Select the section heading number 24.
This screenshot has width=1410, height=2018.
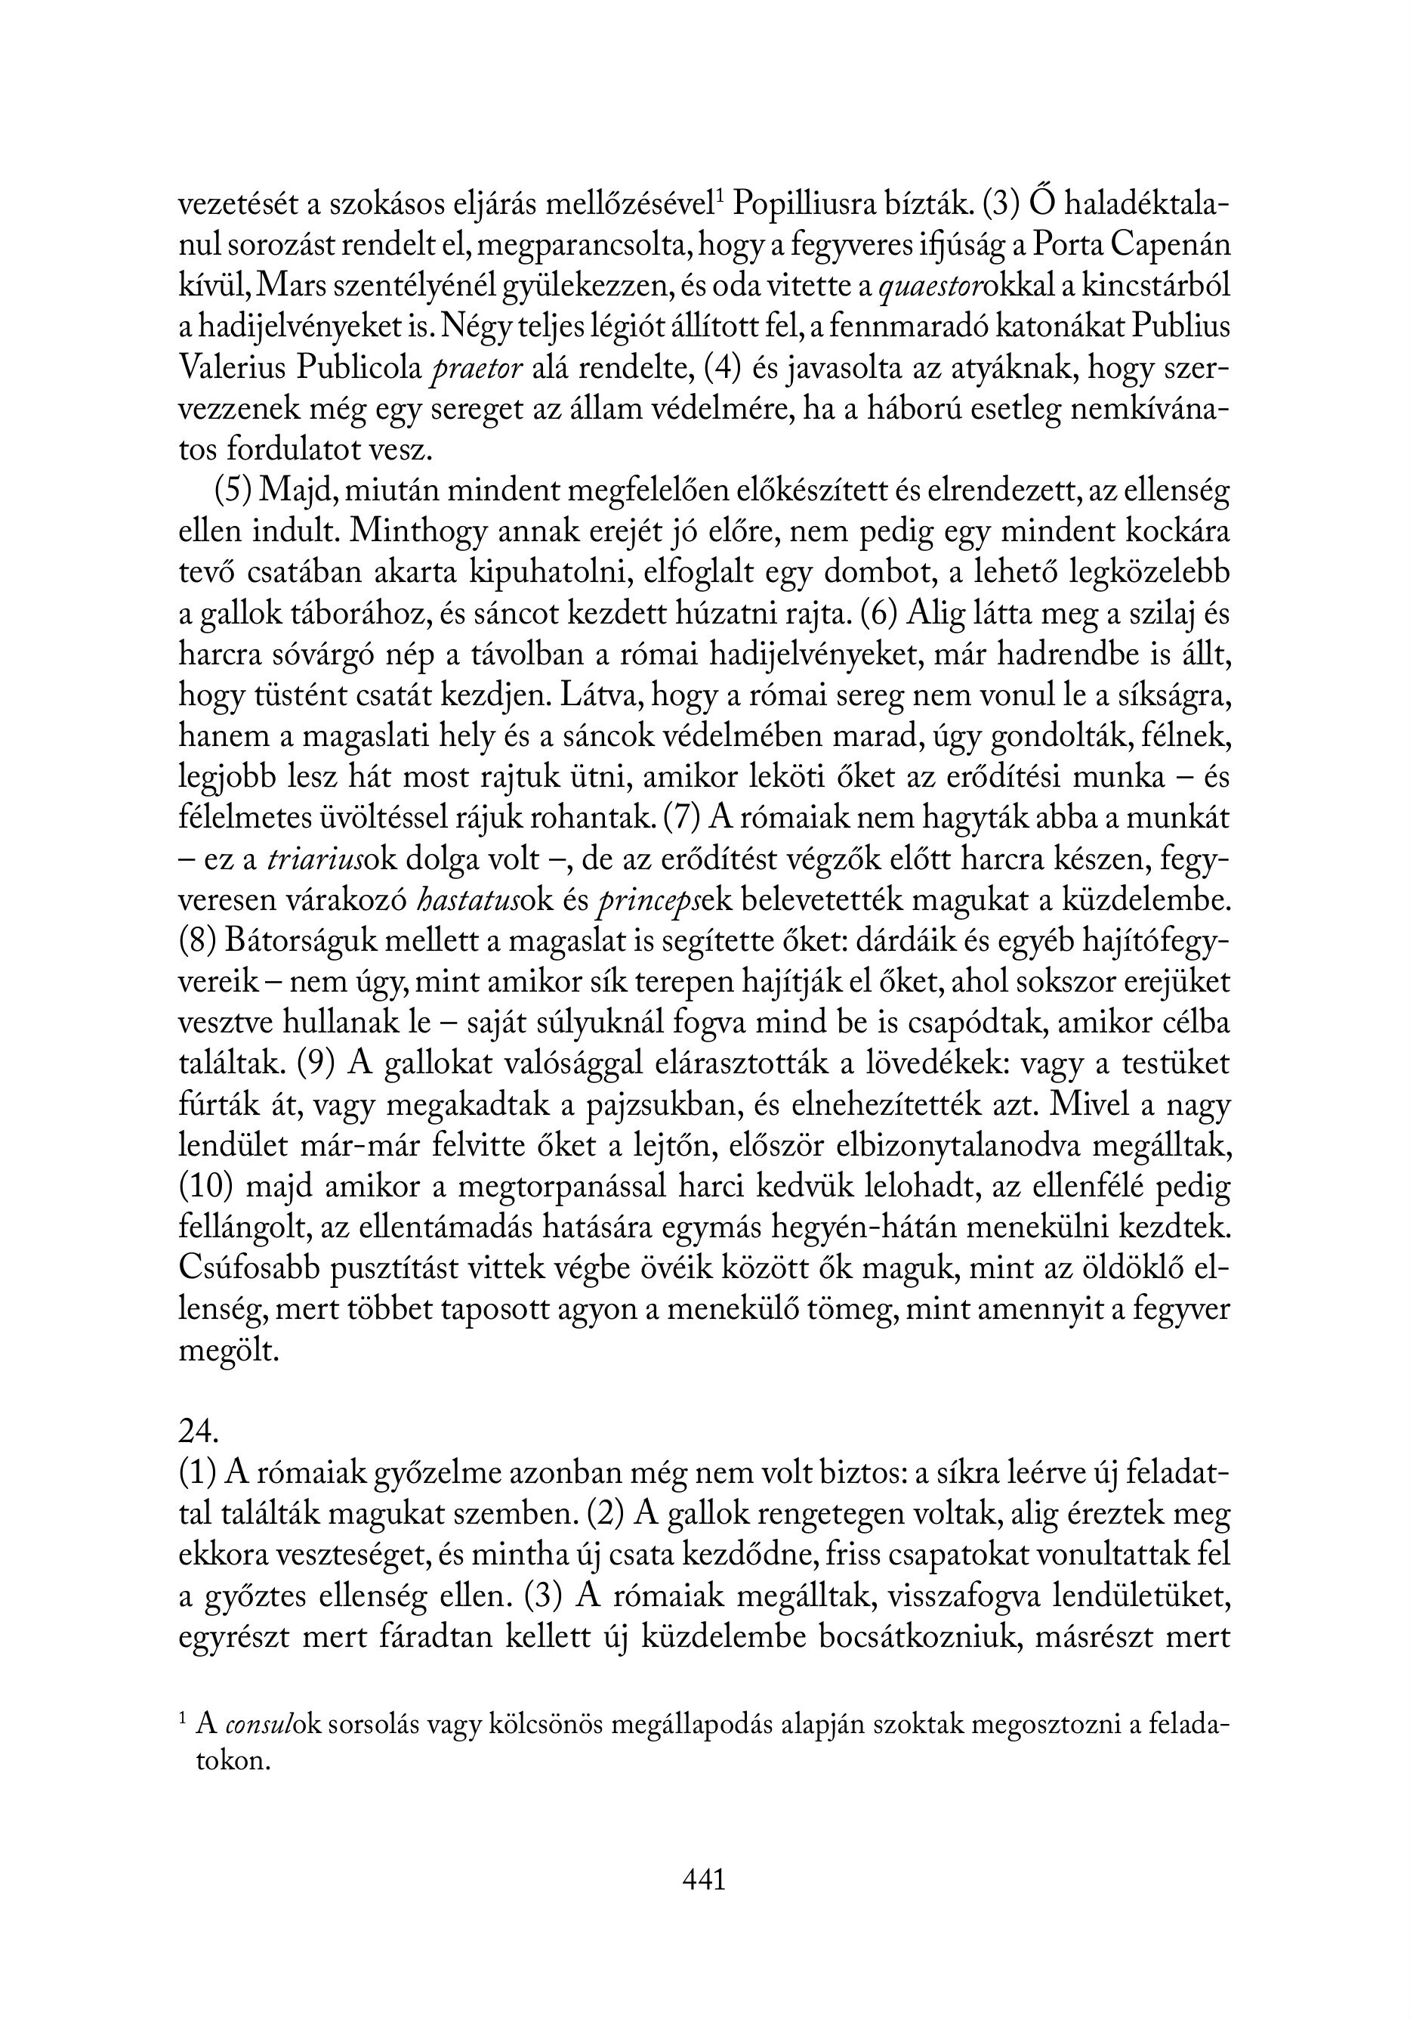pyautogui.click(x=198, y=1431)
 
